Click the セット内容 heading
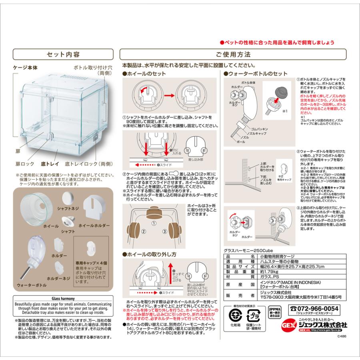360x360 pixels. (x=63, y=54)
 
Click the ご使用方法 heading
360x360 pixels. (x=233, y=54)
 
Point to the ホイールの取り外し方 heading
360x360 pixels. (x=152, y=254)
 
